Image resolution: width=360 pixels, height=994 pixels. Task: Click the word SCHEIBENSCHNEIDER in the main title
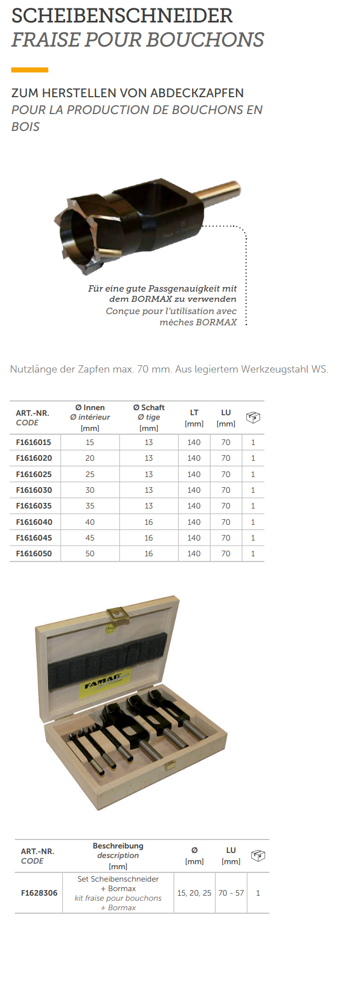pyautogui.click(x=122, y=16)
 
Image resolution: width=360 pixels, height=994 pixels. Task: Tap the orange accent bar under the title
pyautogui.click(x=30, y=70)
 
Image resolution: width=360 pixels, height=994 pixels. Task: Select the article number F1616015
pyautogui.click(x=34, y=442)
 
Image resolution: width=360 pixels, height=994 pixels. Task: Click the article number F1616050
pyautogui.click(x=34, y=553)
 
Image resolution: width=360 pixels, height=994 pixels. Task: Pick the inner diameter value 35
pyautogui.click(x=90, y=506)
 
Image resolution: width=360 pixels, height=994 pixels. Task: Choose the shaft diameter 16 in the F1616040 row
pyautogui.click(x=149, y=522)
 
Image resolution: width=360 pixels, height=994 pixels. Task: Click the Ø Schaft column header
pyautogui.click(x=149, y=408)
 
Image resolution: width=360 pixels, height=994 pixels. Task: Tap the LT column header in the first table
pyautogui.click(x=194, y=412)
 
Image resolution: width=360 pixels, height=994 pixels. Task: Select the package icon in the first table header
pyautogui.click(x=253, y=417)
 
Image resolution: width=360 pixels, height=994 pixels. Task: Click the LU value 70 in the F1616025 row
pyautogui.click(x=226, y=474)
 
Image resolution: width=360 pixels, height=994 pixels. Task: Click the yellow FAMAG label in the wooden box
pyautogui.click(x=104, y=682)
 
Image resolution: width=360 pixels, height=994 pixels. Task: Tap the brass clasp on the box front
pyautogui.click(x=168, y=765)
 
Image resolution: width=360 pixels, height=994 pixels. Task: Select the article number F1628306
pyautogui.click(x=39, y=893)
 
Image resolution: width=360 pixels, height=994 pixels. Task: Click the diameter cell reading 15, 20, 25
pyautogui.click(x=194, y=893)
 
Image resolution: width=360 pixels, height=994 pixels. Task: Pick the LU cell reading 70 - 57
pyautogui.click(x=231, y=893)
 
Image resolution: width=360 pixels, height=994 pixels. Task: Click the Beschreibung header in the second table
pyautogui.click(x=118, y=846)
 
